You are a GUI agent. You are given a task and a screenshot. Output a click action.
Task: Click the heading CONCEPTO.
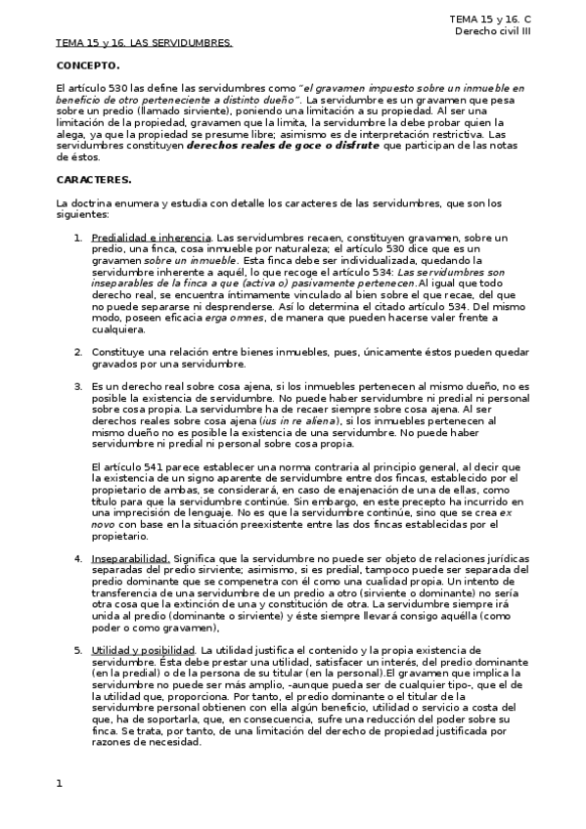tap(88, 65)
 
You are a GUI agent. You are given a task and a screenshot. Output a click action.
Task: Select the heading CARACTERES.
tap(94, 179)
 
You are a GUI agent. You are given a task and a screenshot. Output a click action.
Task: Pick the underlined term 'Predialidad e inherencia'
tap(151, 238)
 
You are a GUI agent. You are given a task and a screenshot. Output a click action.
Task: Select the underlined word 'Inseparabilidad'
tap(129, 558)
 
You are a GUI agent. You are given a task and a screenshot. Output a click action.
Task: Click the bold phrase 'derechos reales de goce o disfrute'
tap(283, 145)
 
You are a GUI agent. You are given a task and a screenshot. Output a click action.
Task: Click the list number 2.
tap(78, 350)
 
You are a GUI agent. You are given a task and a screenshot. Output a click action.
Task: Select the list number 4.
tap(78, 558)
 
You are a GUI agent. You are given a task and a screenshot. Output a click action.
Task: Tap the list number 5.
tap(78, 650)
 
